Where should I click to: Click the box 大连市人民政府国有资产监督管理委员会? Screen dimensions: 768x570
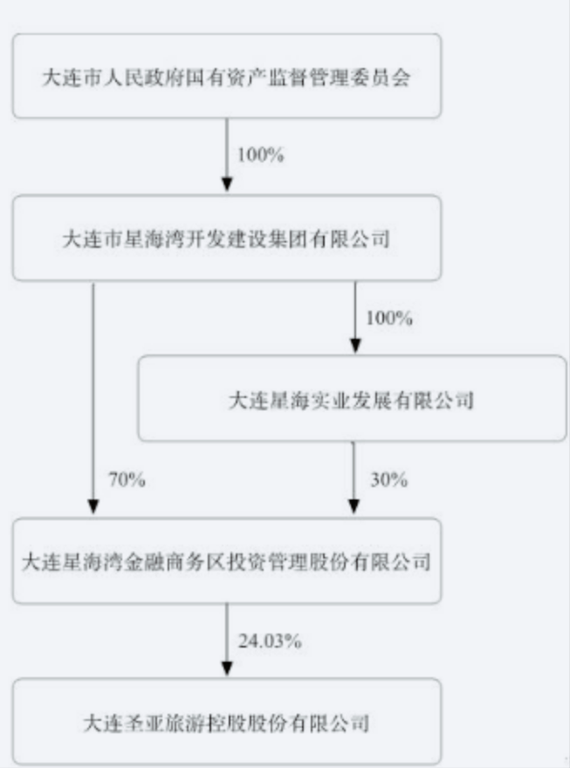coord(226,76)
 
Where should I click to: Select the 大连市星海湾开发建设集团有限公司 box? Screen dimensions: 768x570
coord(226,237)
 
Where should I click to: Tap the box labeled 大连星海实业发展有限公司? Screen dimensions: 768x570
coord(352,399)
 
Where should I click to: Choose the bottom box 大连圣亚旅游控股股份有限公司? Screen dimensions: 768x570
coord(226,722)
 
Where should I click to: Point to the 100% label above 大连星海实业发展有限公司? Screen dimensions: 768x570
coord(388,318)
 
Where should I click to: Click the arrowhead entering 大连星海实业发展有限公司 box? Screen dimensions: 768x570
coord(354,346)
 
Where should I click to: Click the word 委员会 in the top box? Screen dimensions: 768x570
coord(388,77)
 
